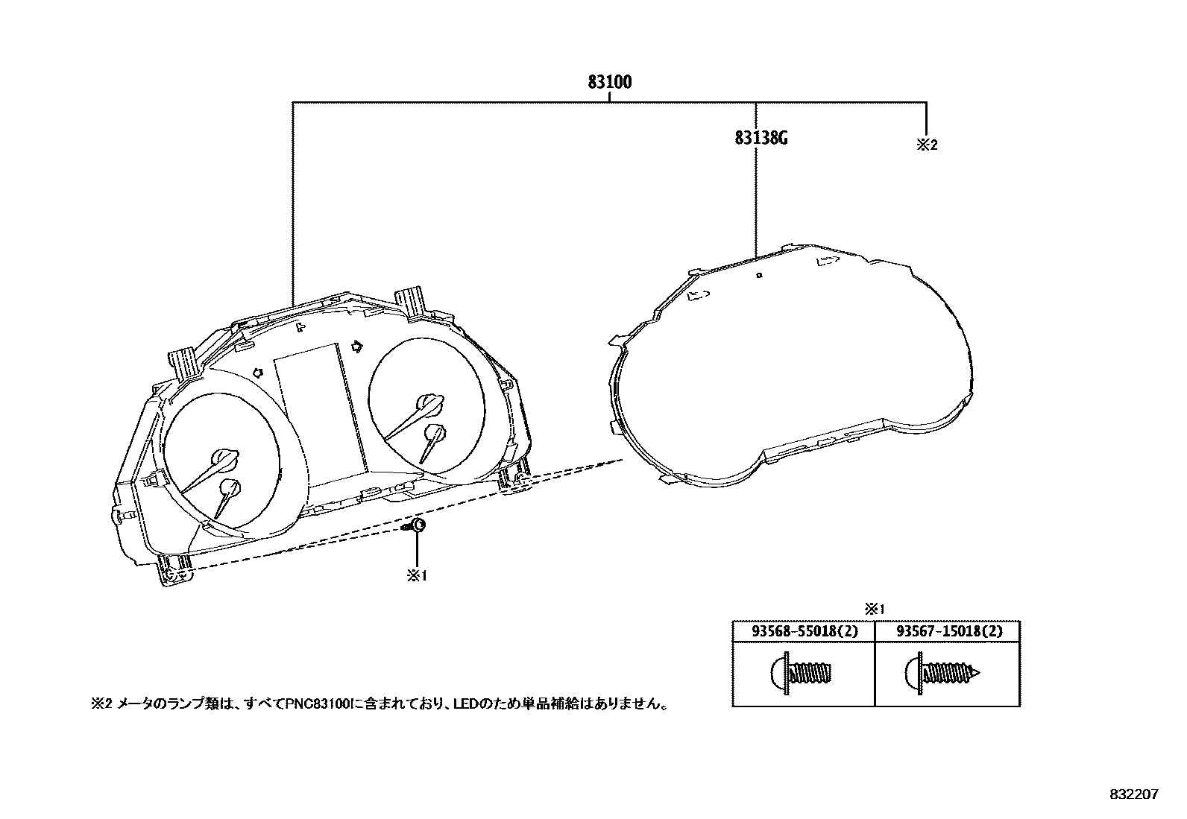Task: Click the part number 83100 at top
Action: tap(609, 82)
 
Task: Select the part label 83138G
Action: tap(761, 138)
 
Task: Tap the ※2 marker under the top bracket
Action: tap(926, 145)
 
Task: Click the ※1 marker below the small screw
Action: tap(416, 576)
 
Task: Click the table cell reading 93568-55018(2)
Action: tap(804, 631)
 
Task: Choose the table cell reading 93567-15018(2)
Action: tap(948, 631)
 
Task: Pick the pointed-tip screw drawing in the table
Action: tap(943, 673)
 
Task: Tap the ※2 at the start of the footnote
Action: tap(100, 703)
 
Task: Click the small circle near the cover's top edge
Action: tap(758, 275)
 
